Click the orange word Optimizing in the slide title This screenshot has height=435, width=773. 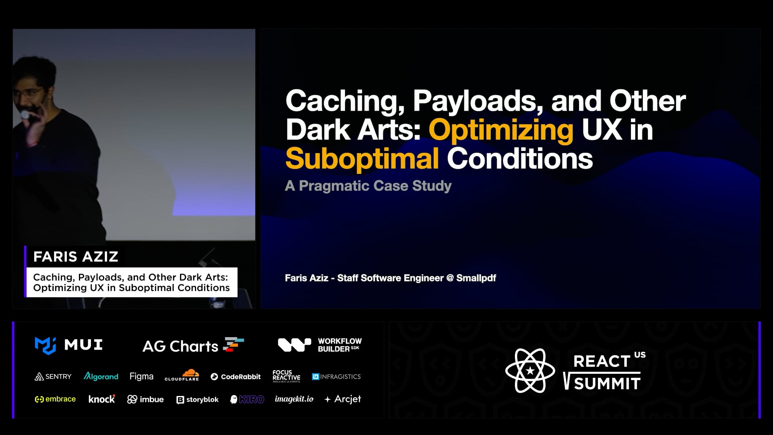point(501,130)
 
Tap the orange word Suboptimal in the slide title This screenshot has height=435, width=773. point(362,159)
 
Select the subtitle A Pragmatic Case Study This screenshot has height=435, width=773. point(368,186)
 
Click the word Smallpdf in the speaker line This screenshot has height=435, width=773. point(476,278)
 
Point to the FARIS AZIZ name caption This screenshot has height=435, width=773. point(76,257)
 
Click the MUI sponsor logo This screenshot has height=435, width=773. point(68,346)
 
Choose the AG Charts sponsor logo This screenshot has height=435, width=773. point(193,346)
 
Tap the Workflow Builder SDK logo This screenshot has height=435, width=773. point(320,345)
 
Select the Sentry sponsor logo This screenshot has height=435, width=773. point(53,377)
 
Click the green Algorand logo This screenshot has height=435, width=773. point(101,376)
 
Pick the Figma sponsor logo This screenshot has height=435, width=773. point(141,377)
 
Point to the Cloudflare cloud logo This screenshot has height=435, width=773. point(182,375)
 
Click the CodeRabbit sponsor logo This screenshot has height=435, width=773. point(236,377)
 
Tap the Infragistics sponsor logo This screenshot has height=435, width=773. point(337,377)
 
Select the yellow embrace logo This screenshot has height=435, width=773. point(55,399)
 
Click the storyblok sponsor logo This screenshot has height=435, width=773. point(197,400)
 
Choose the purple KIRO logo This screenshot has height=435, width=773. point(247,399)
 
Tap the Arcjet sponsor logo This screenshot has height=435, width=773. point(343,399)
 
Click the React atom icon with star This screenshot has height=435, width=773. point(530,371)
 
